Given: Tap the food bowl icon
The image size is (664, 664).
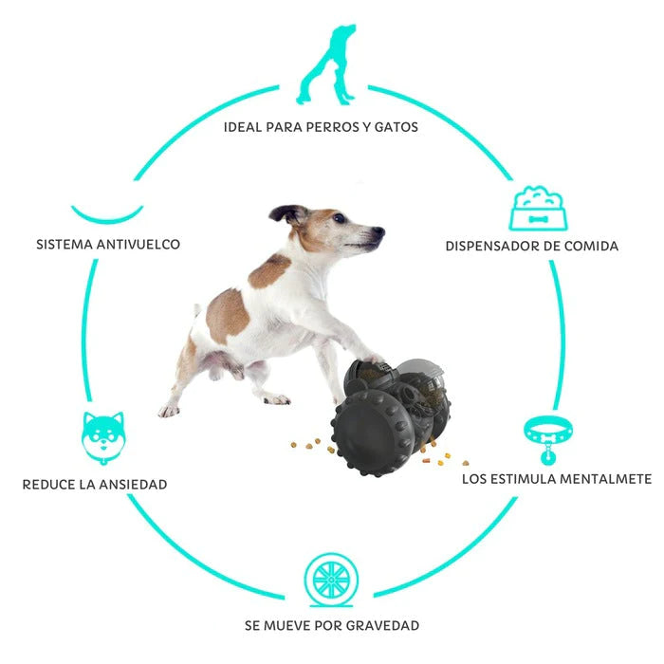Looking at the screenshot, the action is (538, 209).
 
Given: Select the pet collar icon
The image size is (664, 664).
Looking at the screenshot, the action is (548, 438).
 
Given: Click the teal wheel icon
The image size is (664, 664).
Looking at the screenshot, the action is (332, 580).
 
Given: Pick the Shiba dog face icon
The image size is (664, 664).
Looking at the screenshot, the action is (103, 437).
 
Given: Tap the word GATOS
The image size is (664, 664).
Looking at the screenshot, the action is (396, 127).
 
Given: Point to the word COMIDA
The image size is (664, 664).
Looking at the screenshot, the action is (591, 246).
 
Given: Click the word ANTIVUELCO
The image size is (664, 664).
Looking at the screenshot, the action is (138, 245).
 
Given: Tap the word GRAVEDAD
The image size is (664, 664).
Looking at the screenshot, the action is (382, 625).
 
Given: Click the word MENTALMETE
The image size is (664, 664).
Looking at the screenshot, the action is (605, 479).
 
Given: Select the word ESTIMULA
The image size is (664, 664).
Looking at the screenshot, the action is (524, 479).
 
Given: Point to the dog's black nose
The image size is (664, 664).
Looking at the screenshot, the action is (379, 231).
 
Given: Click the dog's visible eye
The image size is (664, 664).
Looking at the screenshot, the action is (339, 218).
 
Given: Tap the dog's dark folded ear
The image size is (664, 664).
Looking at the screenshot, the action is (288, 214).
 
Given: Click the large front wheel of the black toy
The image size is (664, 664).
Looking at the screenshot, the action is (373, 434).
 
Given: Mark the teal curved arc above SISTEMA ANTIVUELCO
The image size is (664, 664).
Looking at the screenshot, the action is (107, 214).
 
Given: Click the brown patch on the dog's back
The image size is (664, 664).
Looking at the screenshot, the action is (227, 316).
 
